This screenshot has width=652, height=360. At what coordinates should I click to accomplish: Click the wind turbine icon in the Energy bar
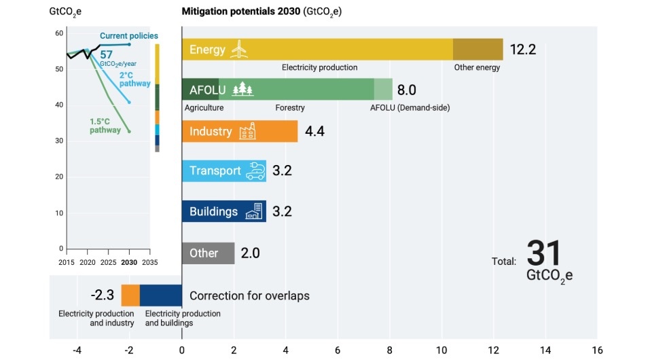coord(238,49)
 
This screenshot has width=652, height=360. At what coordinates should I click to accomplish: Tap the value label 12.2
coord(523,50)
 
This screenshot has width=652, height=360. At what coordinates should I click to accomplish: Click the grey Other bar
coord(208,253)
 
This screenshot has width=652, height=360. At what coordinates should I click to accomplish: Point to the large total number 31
coord(544,253)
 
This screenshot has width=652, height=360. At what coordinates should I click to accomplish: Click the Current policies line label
coord(128,35)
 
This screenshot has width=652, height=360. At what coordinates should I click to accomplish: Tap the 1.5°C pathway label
coord(105,126)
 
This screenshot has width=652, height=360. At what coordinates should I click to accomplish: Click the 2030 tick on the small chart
coord(129,262)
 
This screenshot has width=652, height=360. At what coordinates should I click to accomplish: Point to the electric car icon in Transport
coord(255,170)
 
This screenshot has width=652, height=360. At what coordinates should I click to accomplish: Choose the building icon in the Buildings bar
coord(254,211)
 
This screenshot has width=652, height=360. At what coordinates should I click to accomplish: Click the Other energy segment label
coord(477,67)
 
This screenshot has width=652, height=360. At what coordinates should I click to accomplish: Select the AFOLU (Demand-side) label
coord(410,107)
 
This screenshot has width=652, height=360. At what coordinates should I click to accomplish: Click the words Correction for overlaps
coord(249,295)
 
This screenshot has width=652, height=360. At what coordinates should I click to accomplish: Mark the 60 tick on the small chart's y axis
coord(59,33)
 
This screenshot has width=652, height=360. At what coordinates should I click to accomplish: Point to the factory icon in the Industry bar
coord(247,132)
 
